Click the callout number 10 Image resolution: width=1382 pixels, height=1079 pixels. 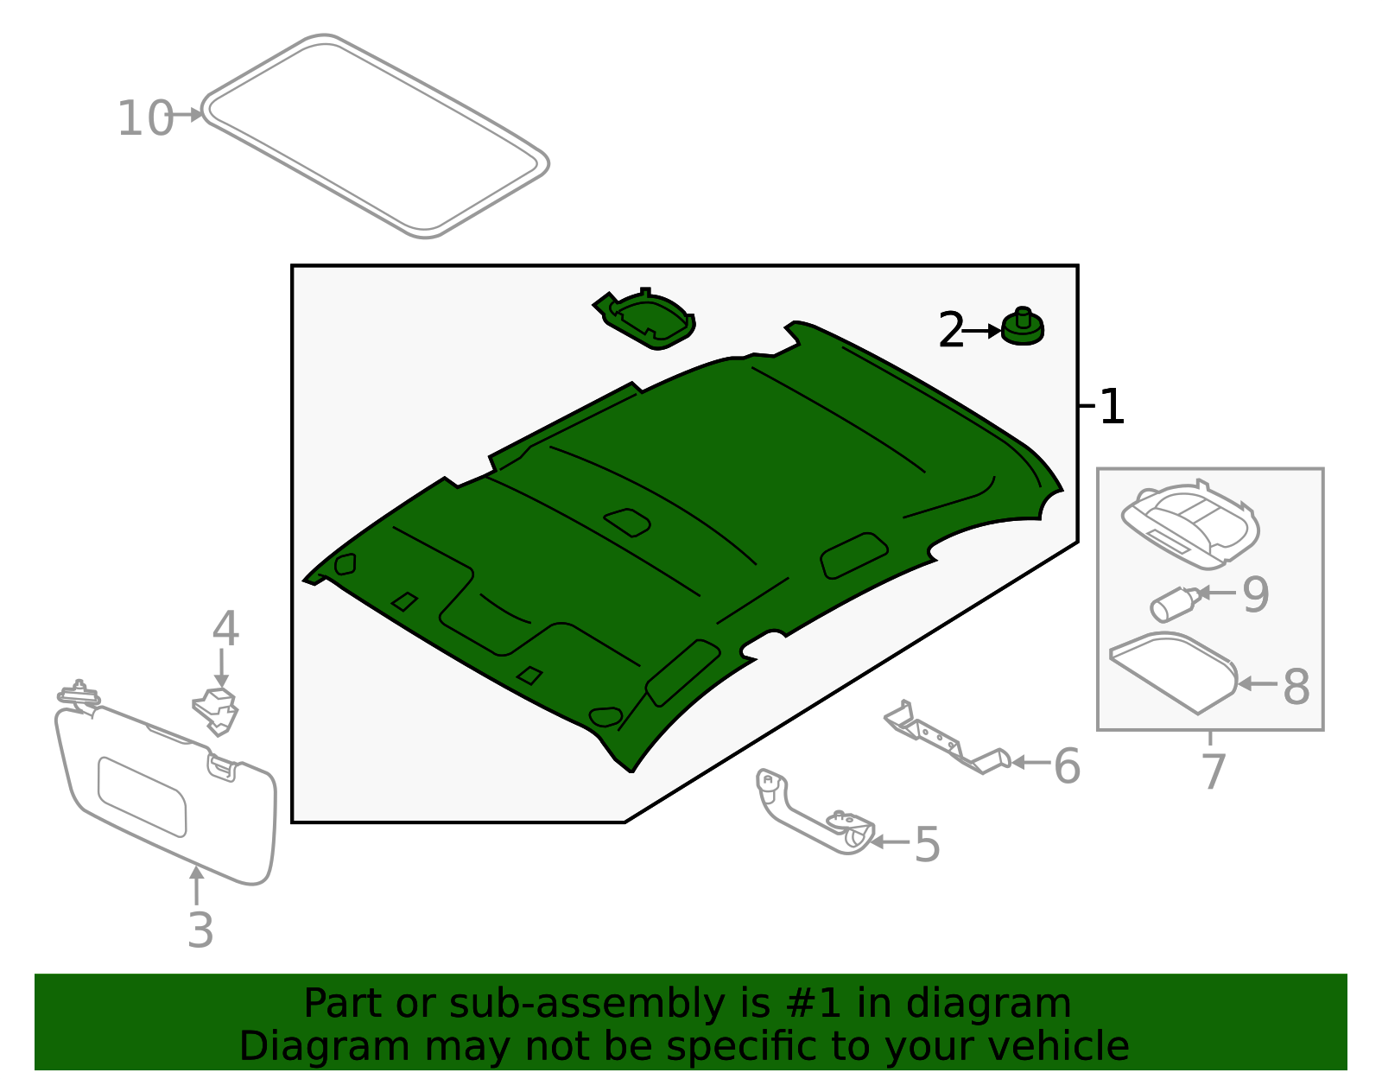[145, 118]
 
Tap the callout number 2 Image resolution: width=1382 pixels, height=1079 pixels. [950, 331]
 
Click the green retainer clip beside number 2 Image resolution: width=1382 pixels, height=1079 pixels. [1023, 328]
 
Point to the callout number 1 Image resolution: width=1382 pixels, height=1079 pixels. [1113, 407]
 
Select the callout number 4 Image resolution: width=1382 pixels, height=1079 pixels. [225, 629]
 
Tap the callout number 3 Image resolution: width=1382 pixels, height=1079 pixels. [200, 930]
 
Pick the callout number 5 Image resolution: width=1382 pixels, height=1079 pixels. [926, 844]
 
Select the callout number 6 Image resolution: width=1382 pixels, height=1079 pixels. [1067, 766]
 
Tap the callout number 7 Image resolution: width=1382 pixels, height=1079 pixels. [1213, 771]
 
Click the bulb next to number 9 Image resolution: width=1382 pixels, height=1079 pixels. [1173, 603]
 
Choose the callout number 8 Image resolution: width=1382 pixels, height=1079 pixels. [1296, 687]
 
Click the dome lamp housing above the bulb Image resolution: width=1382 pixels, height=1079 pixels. [1190, 523]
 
